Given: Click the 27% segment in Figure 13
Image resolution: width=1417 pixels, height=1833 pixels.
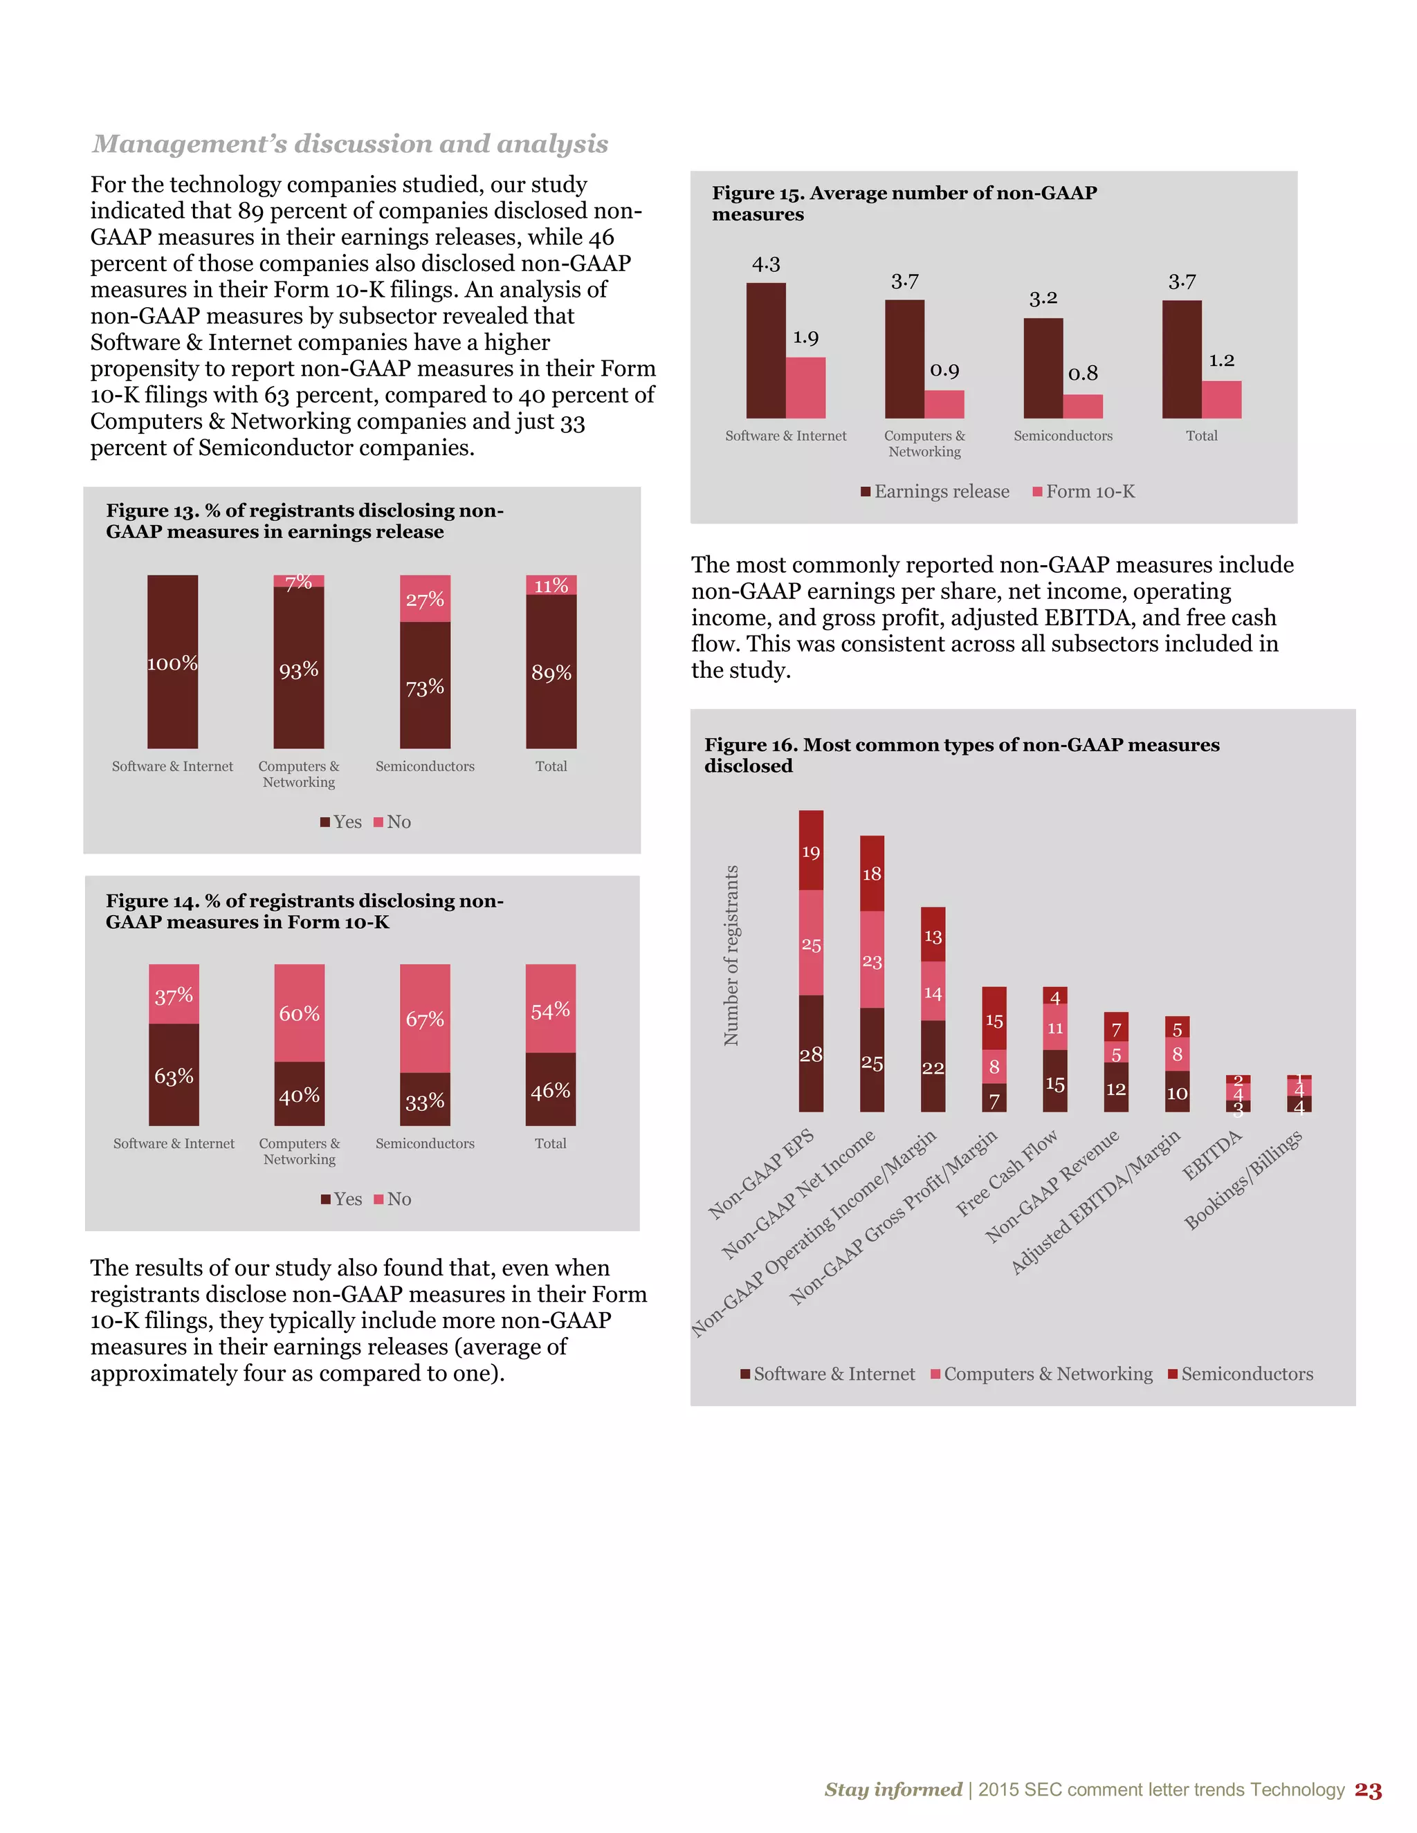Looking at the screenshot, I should tap(425, 598).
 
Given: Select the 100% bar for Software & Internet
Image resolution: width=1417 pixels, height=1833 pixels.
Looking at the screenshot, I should tap(173, 662).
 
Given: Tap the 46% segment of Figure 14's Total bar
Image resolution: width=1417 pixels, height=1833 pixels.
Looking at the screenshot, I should tap(551, 1089).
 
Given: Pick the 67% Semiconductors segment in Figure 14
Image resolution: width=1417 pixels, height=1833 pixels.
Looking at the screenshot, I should tap(425, 1018).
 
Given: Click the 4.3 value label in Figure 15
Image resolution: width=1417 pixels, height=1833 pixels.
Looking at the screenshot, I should tap(766, 264).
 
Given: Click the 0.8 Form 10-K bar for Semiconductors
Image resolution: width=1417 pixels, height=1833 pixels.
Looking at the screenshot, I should tap(1083, 406).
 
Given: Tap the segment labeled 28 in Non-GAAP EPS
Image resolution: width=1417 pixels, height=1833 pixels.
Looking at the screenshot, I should tap(811, 1054).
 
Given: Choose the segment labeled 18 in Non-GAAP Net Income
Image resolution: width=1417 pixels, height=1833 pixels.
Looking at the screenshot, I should tap(872, 874).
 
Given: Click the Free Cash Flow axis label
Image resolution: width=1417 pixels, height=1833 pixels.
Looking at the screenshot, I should tap(1007, 1173).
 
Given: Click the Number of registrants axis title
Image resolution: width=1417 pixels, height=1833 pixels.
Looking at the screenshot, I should tap(731, 955).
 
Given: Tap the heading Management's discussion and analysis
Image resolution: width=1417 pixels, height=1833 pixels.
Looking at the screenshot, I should tap(350, 143).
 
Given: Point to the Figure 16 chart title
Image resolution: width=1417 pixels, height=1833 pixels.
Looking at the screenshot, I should tap(961, 755).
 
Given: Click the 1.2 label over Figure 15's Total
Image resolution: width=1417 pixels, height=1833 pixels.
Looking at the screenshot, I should tap(1221, 361).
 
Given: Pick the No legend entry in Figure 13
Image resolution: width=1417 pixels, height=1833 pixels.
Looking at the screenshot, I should tap(392, 822).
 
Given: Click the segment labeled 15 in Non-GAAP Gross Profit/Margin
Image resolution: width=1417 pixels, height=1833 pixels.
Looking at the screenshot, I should tap(994, 1020).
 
